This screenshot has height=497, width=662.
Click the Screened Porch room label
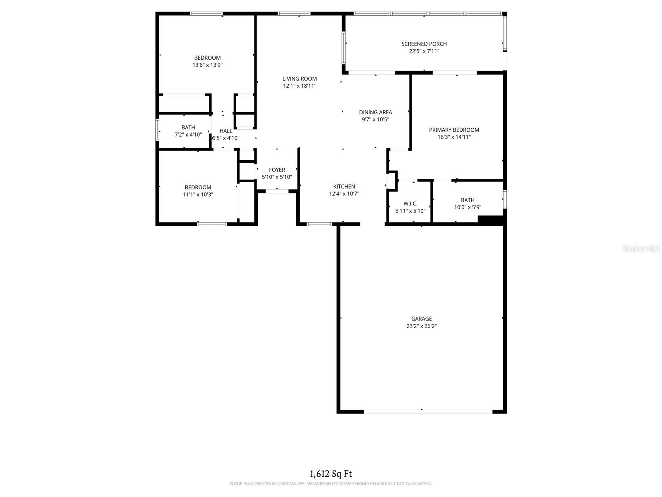point(424,44)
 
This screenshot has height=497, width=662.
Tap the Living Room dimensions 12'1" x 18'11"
point(300,86)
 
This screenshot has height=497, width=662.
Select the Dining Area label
point(375,112)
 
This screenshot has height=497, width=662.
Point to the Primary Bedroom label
point(454,130)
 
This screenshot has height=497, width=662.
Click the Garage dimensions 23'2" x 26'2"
point(421,326)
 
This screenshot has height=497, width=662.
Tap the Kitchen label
point(344,186)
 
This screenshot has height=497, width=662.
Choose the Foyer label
point(277,170)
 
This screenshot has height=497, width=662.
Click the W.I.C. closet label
point(410,203)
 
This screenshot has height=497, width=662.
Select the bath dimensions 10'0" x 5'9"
point(468,207)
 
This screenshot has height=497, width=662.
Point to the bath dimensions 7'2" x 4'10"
point(188,135)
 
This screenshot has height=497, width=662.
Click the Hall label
point(226,131)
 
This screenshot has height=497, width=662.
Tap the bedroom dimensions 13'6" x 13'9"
point(207,65)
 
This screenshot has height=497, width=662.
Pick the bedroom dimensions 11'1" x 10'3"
point(198,195)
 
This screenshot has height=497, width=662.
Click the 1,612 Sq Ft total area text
point(331,474)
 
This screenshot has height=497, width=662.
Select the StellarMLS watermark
point(641,248)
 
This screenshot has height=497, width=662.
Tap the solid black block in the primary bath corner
point(490,220)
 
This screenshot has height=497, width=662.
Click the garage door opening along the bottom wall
point(428,412)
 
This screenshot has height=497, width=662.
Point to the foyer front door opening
point(277,191)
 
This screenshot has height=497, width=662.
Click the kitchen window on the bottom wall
point(319,224)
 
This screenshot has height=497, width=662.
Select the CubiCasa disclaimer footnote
point(331,484)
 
